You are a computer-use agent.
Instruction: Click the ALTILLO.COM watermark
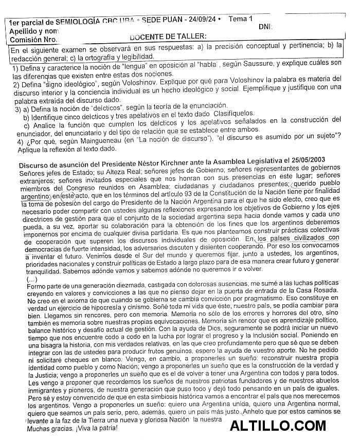click(278, 426)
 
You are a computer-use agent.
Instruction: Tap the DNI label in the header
click(265, 27)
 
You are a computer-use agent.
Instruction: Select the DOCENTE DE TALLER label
click(168, 36)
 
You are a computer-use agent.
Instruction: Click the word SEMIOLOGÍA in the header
click(75, 22)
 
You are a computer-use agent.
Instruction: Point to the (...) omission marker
click(31, 279)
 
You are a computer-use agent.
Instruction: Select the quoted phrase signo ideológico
click(59, 85)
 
